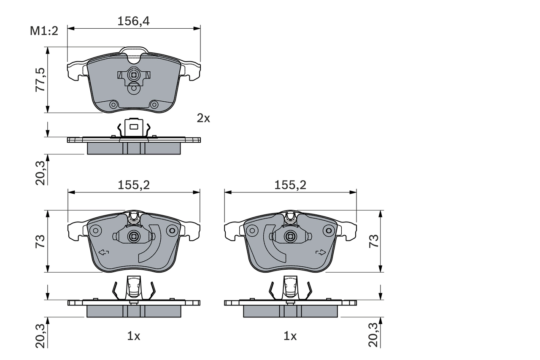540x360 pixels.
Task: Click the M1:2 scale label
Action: coord(44,31)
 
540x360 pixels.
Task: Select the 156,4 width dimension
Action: coord(133,21)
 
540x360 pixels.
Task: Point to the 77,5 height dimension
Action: coord(40,80)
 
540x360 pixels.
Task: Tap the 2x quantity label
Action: coord(203,118)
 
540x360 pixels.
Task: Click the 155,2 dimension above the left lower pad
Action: coord(133,184)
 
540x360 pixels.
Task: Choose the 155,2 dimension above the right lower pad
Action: coord(290,184)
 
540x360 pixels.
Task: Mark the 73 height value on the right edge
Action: coord(374,241)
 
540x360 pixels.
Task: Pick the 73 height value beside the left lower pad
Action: coord(40,241)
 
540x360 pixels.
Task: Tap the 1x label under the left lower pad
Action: coord(133,336)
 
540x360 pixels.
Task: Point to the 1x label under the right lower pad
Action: coord(290,336)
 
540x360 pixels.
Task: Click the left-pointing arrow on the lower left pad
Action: coord(103,253)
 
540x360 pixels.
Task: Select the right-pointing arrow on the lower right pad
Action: coord(321,253)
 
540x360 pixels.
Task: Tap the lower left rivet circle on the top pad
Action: coord(113,105)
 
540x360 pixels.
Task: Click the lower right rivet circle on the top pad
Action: coord(154,105)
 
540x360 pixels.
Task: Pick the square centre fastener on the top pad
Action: coord(134,76)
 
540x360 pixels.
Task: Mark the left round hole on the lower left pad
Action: coord(96,230)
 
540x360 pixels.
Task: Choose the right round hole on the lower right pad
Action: coord(328,230)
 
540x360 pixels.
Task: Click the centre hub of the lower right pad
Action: coord(290,236)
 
